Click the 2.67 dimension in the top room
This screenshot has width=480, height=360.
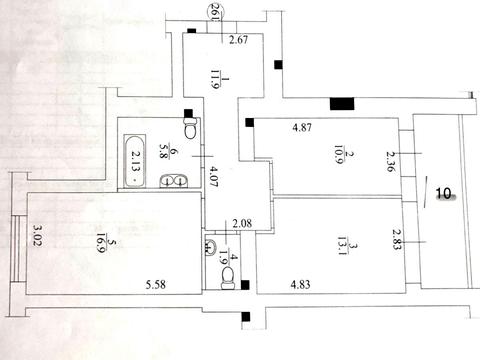(237, 41)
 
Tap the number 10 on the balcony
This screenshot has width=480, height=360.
(444, 192)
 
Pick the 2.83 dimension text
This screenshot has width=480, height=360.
(397, 238)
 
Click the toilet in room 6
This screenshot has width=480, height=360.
(190, 128)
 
